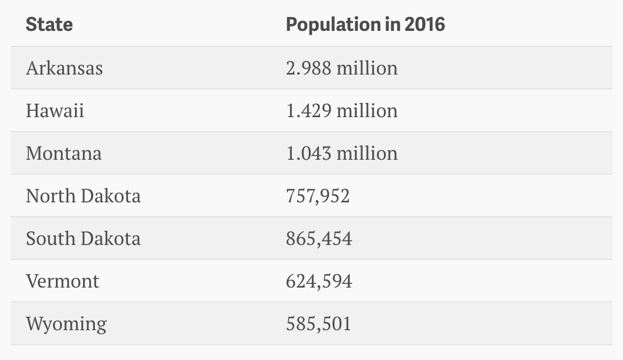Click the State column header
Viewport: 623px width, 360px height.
tap(49, 24)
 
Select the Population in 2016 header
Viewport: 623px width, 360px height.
tap(365, 24)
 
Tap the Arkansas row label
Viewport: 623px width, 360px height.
tap(64, 68)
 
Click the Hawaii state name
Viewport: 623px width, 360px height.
tap(55, 111)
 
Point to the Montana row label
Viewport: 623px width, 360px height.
tap(63, 153)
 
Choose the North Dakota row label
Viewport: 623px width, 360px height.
tap(83, 196)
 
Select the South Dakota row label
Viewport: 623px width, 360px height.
tap(83, 239)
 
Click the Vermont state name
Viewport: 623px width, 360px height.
tap(62, 281)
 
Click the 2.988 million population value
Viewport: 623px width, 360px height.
tap(341, 68)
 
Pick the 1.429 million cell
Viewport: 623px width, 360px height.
tap(341, 111)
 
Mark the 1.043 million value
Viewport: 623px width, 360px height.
tap(341, 153)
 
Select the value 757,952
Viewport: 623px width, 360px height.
tap(318, 196)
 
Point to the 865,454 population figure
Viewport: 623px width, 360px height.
tap(319, 239)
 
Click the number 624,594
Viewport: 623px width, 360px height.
tap(319, 281)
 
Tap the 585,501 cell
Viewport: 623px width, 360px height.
tap(318, 324)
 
